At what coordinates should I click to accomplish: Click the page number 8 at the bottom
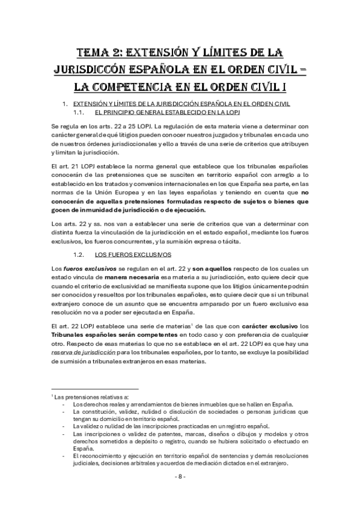tap(180, 476)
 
